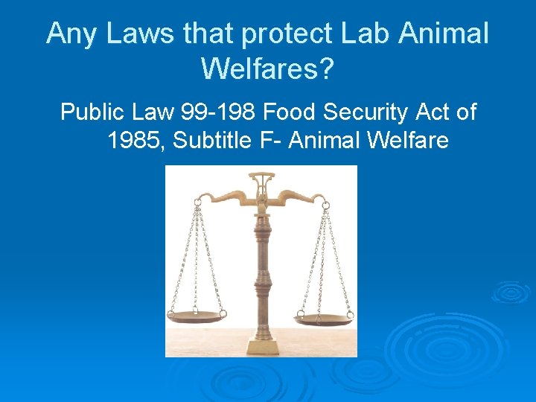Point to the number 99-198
point(220,112)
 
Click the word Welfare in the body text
point(406,139)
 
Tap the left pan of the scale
point(197,316)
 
